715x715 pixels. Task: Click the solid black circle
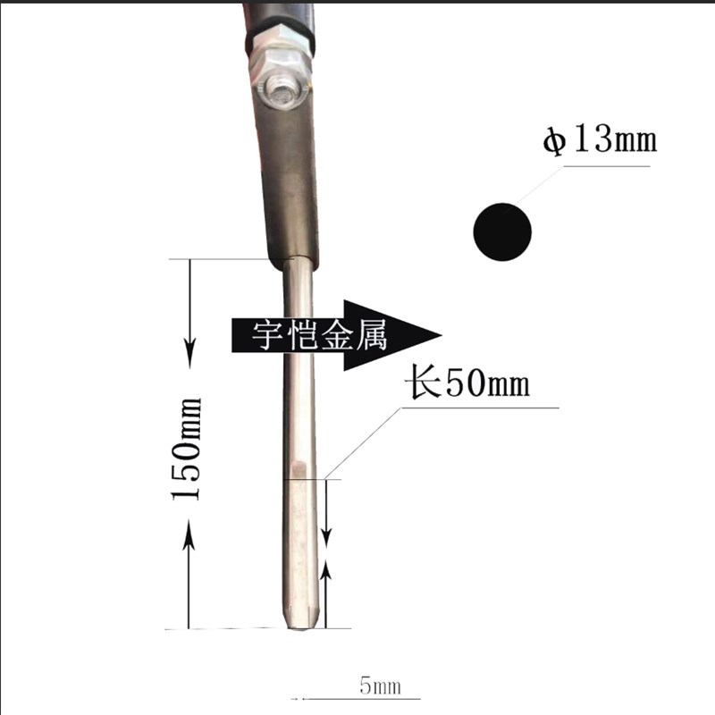502,231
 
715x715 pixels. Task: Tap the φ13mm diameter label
600,139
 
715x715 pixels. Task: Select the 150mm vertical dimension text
186,450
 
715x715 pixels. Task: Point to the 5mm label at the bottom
381,686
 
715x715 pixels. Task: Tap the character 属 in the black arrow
371,334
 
